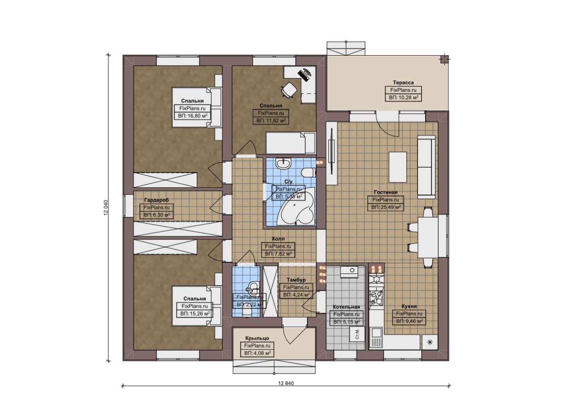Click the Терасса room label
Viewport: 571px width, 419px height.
click(x=403, y=83)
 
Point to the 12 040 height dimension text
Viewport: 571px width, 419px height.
click(x=106, y=207)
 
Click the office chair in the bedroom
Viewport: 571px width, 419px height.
click(x=289, y=90)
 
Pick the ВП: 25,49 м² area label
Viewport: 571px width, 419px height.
click(x=385, y=207)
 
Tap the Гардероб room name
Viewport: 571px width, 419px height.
click(x=157, y=200)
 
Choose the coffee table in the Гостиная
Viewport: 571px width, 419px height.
click(x=397, y=167)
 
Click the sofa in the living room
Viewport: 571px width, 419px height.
click(x=426, y=167)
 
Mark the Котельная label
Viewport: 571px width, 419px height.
click(x=346, y=307)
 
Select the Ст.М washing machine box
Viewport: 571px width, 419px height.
click(x=357, y=334)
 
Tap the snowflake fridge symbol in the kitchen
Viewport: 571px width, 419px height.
click(x=430, y=342)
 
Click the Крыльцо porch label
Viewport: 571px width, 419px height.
click(x=257, y=338)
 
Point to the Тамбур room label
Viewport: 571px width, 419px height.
click(x=296, y=280)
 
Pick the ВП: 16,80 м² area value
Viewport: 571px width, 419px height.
click(x=192, y=116)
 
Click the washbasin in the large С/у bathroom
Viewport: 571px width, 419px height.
click(x=284, y=164)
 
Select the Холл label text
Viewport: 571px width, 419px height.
click(x=278, y=239)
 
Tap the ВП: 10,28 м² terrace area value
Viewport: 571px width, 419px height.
click(x=403, y=97)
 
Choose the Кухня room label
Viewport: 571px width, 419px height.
click(x=409, y=306)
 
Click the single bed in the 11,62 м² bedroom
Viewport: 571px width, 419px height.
click(x=290, y=143)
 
